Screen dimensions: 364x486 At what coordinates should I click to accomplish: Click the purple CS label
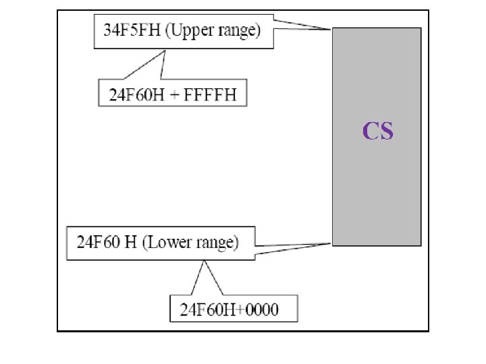click(378, 130)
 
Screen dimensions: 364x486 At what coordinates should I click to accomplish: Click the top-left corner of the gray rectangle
click(333, 28)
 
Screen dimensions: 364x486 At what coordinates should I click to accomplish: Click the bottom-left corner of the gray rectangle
click(333, 244)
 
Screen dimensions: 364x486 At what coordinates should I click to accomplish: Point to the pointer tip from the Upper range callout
click(331, 29)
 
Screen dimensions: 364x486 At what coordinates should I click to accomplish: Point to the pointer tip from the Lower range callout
click(331, 243)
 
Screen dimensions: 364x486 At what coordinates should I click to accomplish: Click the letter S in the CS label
click(386, 130)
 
